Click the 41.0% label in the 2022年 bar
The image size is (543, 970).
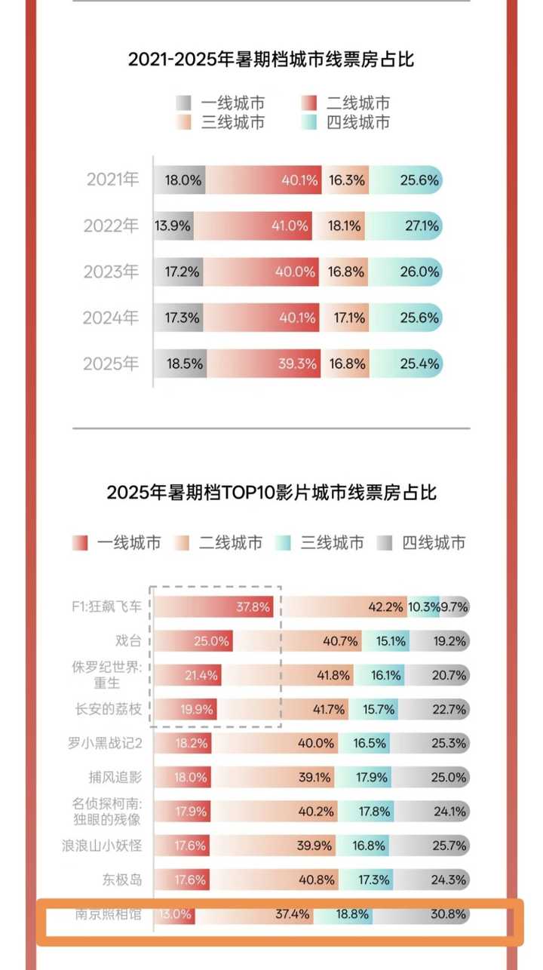click(290, 226)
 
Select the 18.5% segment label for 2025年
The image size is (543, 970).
click(184, 364)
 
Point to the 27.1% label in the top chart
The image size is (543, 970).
click(422, 226)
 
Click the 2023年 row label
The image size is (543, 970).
click(111, 272)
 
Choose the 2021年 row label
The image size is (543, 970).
click(112, 180)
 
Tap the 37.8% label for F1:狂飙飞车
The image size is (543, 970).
click(253, 606)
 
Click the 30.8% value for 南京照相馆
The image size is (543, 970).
click(448, 914)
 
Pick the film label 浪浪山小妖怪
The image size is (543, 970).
click(102, 846)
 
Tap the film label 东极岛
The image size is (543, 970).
click(122, 879)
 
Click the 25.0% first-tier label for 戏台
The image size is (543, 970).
click(211, 641)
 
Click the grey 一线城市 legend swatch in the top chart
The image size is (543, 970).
click(183, 103)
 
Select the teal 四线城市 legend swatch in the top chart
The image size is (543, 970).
click(308, 122)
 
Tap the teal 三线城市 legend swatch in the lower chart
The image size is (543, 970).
click(284, 542)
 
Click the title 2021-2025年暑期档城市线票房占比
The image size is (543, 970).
click(271, 59)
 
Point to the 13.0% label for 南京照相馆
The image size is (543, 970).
click(175, 914)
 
